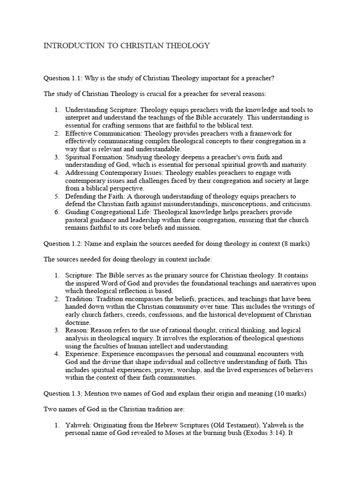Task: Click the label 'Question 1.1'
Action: pos(63,77)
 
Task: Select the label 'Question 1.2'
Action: pos(63,244)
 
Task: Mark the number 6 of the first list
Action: pos(56,212)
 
